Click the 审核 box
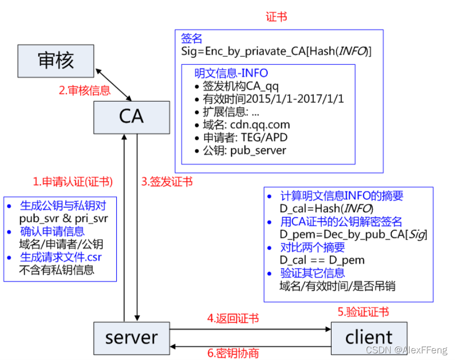(x=56, y=61)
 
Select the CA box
(x=131, y=117)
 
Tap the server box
(x=131, y=338)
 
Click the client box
(x=368, y=338)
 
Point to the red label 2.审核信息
(x=84, y=91)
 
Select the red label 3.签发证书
(x=167, y=181)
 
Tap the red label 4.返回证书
(x=233, y=319)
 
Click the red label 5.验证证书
(x=363, y=312)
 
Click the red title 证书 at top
(x=276, y=17)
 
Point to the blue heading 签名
(x=192, y=38)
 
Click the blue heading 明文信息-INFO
(x=231, y=73)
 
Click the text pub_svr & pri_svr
(x=63, y=219)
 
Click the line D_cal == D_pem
(x=322, y=260)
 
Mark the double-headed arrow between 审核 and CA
(x=114, y=82)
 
